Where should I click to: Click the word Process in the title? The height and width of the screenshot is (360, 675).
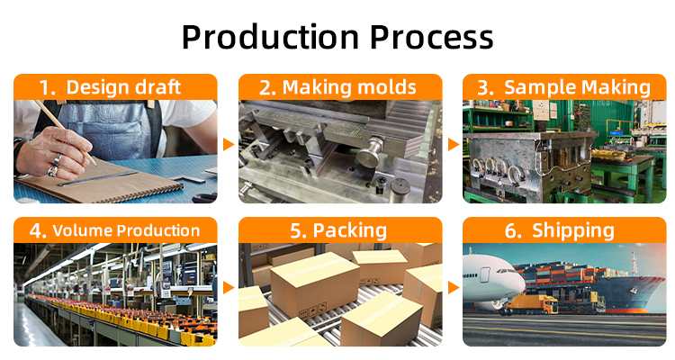click(431, 37)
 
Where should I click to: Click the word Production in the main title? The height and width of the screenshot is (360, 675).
click(270, 37)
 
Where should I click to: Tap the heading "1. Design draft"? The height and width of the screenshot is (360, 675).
click(110, 87)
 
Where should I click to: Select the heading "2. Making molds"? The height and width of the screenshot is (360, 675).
click(337, 87)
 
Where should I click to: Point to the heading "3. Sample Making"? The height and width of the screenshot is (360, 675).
click(564, 87)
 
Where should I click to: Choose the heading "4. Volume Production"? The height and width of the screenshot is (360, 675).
click(114, 230)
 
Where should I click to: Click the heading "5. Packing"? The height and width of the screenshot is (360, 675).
click(338, 230)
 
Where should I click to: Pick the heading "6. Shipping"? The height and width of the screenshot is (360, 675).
click(560, 230)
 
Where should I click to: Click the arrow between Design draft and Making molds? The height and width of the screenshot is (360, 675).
click(229, 145)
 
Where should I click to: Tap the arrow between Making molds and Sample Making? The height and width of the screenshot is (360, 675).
click(454, 145)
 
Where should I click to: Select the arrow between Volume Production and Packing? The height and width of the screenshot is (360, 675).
click(229, 288)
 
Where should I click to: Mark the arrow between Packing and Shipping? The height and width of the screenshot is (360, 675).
click(454, 288)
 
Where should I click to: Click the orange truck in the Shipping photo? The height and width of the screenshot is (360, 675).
click(533, 304)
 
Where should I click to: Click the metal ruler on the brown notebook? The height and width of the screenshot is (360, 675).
click(98, 178)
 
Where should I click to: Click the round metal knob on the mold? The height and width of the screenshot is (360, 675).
click(369, 150)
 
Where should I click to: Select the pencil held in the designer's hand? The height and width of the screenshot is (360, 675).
click(65, 131)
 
